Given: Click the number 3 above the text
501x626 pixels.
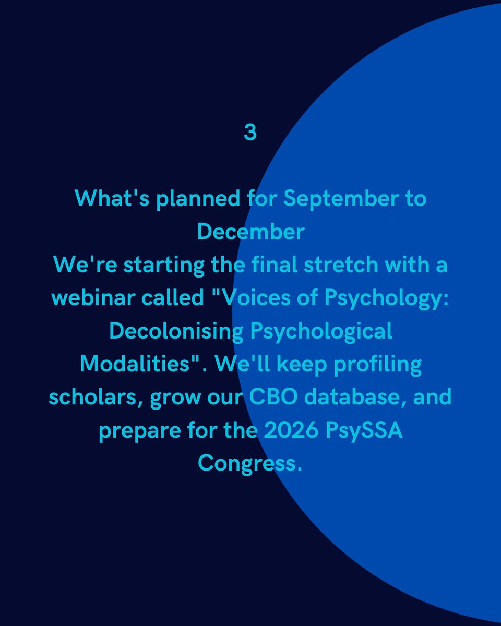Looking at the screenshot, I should coord(250,133).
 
